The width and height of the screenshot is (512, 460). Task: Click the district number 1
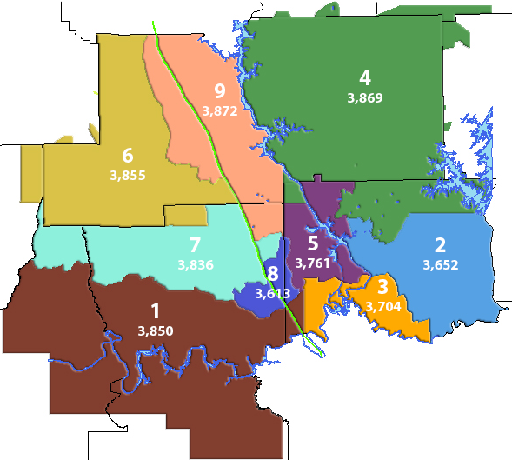(x=155, y=311)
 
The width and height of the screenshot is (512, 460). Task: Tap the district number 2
(x=440, y=244)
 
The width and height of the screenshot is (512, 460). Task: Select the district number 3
(x=382, y=287)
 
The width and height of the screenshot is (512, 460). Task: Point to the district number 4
(x=365, y=77)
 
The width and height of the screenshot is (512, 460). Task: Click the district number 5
(x=313, y=243)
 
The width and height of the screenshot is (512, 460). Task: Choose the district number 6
(x=128, y=156)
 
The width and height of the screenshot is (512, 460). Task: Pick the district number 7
(x=195, y=244)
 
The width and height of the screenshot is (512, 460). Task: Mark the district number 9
(x=219, y=91)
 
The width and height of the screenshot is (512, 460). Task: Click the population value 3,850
(x=156, y=330)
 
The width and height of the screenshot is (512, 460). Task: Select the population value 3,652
(x=440, y=264)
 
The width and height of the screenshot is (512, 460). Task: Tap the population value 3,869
(x=364, y=97)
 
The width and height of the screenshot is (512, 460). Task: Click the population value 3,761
(x=313, y=262)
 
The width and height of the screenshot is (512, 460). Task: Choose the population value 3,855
(x=128, y=175)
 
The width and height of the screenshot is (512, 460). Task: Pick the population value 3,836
(x=195, y=263)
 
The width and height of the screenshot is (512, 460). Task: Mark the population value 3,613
(x=273, y=293)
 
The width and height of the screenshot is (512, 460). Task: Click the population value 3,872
(x=219, y=110)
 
